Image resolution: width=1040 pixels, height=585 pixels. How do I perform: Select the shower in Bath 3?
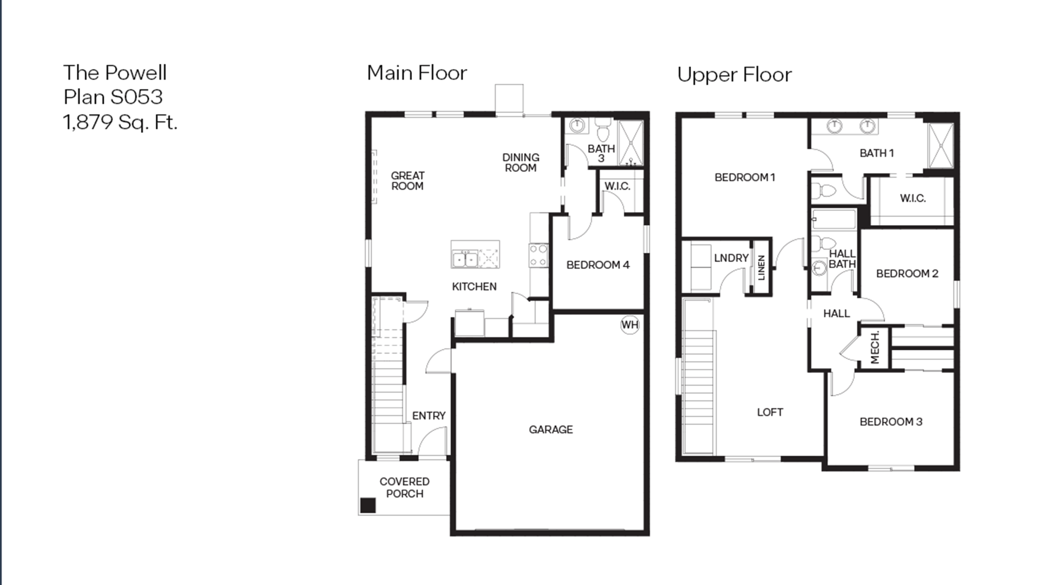click(x=631, y=143)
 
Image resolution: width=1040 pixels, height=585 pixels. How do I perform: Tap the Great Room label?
click(x=407, y=181)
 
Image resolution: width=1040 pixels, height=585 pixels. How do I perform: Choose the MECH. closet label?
click(x=874, y=348)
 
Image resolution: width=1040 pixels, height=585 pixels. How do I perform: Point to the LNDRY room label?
click(x=731, y=258)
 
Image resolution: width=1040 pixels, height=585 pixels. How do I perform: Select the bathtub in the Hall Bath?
click(x=834, y=219)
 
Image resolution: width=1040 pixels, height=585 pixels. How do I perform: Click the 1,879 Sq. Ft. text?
click(x=120, y=122)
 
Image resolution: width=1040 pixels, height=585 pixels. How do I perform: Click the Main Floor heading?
click(x=417, y=73)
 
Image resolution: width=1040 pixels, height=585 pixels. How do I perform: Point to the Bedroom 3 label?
click(x=891, y=422)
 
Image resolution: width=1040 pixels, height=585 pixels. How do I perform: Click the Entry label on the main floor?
click(x=428, y=416)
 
